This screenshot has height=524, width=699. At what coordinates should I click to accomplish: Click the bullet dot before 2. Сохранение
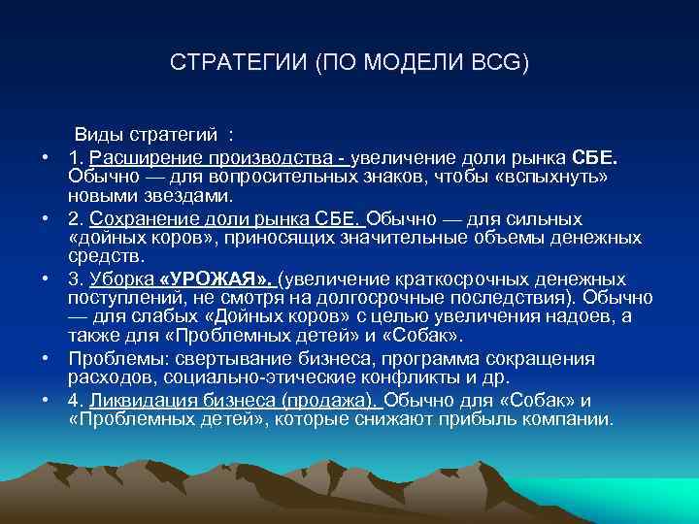(45, 218)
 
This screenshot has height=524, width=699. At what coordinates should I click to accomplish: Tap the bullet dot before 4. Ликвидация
(45, 400)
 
